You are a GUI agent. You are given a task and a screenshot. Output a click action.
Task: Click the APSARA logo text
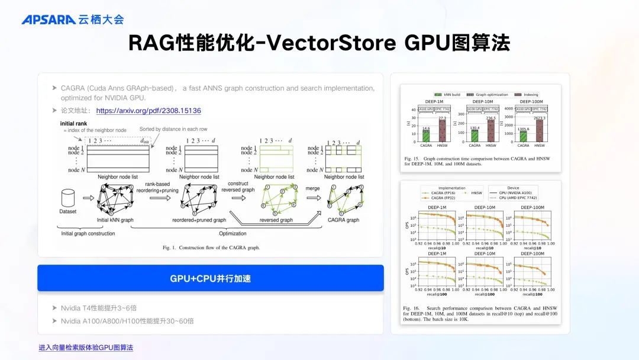[49, 20]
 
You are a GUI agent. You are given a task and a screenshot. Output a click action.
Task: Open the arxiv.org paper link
[149, 110]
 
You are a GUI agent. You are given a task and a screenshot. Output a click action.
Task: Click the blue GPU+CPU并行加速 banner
[211, 278]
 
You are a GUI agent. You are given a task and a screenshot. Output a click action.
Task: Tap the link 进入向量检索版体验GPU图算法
[86, 347]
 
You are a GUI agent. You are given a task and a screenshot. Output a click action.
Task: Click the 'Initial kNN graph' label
[115, 220]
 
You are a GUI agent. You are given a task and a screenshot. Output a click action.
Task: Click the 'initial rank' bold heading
[75, 124]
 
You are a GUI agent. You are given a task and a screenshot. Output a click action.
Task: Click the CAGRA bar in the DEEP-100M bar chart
[523, 137]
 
